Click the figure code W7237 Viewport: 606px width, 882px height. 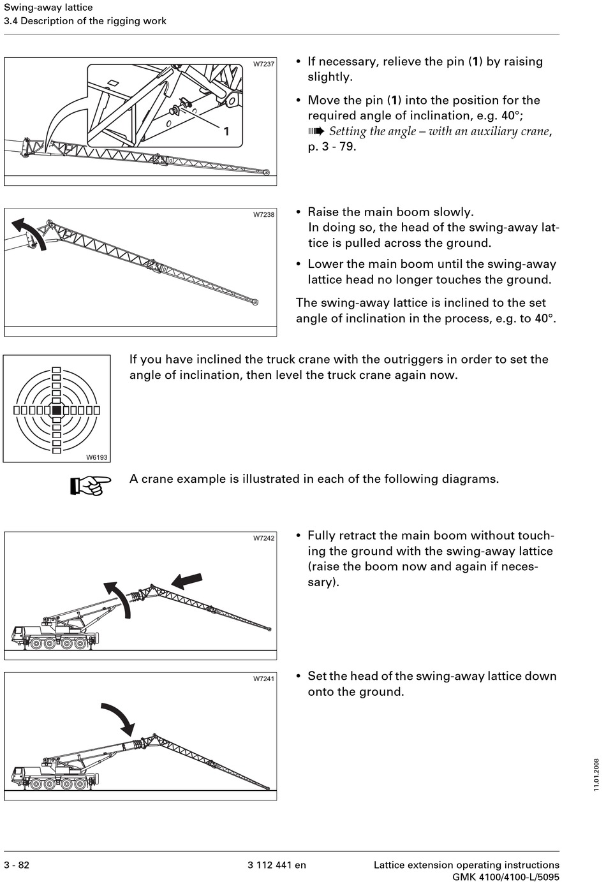263,64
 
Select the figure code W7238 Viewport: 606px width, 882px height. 263,214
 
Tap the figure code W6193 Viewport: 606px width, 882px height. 97,457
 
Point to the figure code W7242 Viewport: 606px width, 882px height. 263,538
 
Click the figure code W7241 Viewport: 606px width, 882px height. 263,679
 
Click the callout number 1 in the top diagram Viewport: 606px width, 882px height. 226,131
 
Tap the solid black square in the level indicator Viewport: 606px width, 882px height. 57,410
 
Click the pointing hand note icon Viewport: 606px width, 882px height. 90,485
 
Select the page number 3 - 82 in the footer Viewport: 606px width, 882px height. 17,865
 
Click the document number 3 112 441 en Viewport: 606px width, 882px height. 277,865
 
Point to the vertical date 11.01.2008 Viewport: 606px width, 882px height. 596,775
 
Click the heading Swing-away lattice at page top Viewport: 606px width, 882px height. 48,8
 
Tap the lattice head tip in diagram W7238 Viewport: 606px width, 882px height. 255,302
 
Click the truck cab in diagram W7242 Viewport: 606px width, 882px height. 20,634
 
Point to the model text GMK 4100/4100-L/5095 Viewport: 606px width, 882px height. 506,877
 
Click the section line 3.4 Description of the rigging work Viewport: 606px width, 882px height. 85,21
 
